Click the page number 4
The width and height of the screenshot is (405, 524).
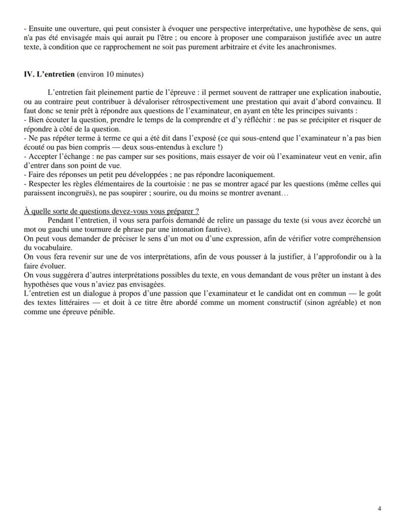380,508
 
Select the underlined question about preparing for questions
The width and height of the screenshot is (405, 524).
111,211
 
